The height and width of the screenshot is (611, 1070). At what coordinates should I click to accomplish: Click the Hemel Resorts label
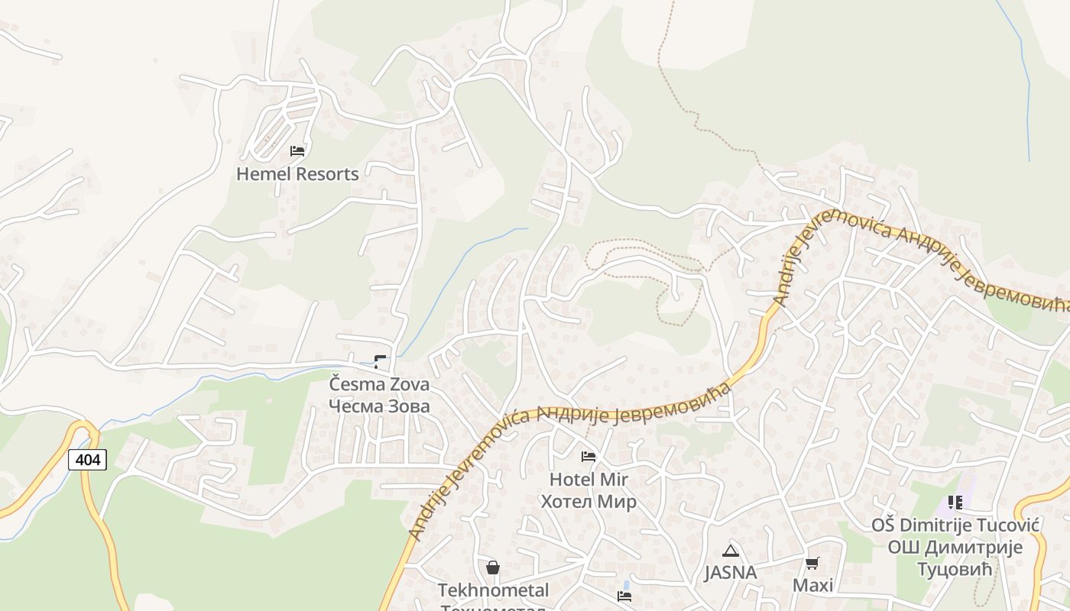(297, 174)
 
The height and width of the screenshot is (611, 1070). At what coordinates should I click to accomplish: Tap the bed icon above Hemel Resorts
(297, 150)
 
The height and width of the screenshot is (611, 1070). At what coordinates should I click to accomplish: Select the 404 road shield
(87, 460)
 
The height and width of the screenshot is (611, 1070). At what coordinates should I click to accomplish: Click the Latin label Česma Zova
(379, 384)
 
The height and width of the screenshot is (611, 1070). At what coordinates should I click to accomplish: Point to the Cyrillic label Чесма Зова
(379, 406)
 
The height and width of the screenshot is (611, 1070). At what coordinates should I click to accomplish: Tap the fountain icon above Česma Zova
(380, 362)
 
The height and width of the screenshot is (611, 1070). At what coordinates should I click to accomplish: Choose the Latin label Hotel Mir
(588, 480)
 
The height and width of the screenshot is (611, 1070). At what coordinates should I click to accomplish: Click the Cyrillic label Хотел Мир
(588, 501)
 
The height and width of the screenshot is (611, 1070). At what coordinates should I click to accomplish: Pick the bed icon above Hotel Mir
(588, 457)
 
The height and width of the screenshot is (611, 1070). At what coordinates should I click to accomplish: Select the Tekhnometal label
(493, 590)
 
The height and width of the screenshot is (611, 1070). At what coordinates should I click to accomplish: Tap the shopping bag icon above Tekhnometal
(493, 567)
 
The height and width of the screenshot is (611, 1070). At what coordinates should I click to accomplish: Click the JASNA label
(731, 573)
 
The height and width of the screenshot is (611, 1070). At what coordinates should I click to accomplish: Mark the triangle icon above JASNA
(731, 551)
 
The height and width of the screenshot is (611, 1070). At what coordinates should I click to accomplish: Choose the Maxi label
(812, 586)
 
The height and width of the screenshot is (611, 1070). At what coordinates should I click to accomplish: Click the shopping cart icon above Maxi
(812, 564)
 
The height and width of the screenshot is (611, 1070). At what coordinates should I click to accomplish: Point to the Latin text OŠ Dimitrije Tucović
(955, 525)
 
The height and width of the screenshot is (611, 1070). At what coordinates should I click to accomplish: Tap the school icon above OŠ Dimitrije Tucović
(955, 503)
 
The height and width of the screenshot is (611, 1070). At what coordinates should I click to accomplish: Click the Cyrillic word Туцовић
(955, 569)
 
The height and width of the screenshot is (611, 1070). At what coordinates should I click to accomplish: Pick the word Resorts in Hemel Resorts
(326, 174)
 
